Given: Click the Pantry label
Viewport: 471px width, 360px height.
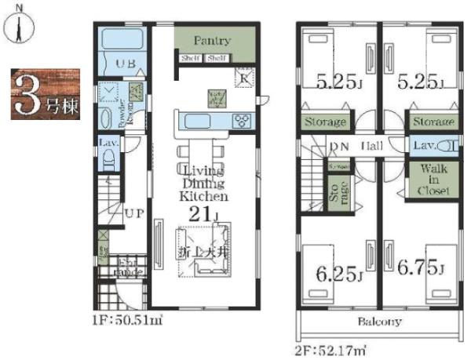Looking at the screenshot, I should pos(213,41).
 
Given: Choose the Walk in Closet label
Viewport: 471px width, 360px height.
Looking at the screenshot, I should pos(433,180).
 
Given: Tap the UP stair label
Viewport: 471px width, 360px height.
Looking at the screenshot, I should pos(131,212).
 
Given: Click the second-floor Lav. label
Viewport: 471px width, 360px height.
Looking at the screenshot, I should pos(424,146).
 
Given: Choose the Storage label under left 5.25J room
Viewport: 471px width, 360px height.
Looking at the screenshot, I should pos(326,123).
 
